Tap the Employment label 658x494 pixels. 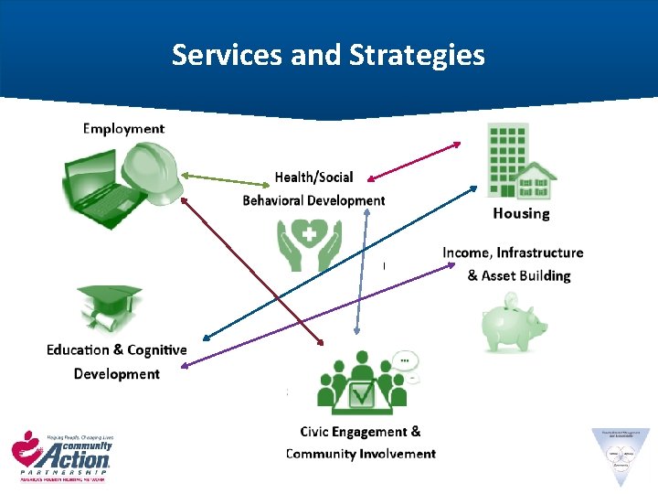pos(123,128)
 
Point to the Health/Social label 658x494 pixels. pos(313,177)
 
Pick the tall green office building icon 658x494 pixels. pos(508,159)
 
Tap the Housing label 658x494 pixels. pos(521,213)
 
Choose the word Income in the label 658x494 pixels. pos(465,252)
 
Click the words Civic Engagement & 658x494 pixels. pos(360,431)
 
